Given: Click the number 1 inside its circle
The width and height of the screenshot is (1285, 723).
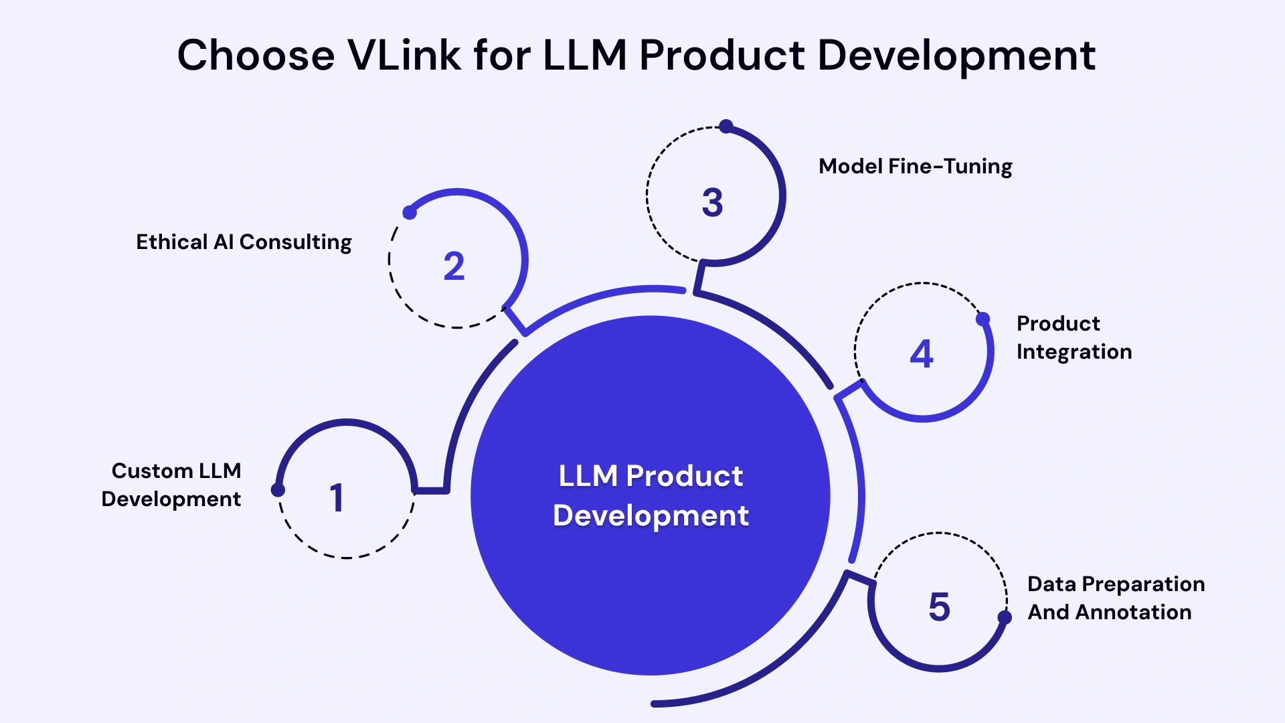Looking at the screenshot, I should [337, 498].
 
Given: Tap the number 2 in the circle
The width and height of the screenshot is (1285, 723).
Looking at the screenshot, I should [454, 266].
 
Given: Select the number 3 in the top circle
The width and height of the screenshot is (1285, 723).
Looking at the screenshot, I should [712, 202].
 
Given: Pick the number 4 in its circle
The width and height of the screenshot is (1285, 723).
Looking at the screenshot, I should [921, 353].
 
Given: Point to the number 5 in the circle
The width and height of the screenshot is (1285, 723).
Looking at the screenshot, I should [939, 607].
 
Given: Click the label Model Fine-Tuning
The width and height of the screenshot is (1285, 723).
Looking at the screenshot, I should [915, 166].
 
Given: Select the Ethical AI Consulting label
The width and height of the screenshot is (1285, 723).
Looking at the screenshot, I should [244, 242].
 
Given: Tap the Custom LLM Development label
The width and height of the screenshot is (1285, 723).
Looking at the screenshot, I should [172, 485].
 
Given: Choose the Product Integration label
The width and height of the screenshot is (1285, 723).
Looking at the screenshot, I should [1074, 337].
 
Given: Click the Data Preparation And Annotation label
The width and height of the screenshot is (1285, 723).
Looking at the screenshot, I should [1116, 598].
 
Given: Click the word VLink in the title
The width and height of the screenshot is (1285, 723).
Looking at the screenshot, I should [404, 55].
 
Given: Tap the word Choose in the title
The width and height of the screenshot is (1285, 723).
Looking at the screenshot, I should [256, 55].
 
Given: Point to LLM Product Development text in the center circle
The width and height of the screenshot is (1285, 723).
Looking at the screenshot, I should [651, 495].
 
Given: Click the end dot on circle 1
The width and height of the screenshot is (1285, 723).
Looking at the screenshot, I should [278, 490].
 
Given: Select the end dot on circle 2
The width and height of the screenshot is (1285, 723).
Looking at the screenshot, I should [410, 213].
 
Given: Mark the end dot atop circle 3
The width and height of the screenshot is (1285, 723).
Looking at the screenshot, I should [726, 126].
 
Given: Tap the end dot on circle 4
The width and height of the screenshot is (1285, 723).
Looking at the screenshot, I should [982, 319].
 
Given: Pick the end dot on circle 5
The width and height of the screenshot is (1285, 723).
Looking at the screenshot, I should [1005, 617].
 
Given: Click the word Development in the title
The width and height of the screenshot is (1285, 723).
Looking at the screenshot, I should [956, 55].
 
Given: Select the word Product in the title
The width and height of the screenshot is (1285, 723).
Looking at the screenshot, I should [722, 55].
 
